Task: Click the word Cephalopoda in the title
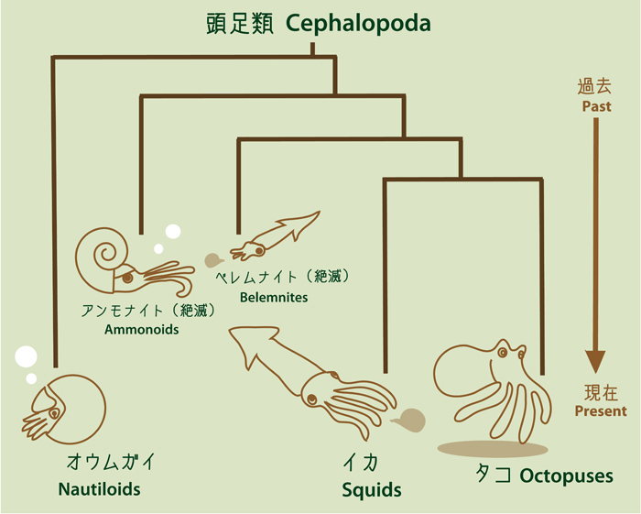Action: pyautogui.click(x=357, y=25)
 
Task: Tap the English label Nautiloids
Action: pyautogui.click(x=99, y=488)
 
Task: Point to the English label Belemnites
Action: pyautogui.click(x=274, y=297)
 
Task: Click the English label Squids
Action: pyautogui.click(x=372, y=490)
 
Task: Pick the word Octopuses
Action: pyautogui.click(x=566, y=476)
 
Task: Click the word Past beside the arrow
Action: pyautogui.click(x=595, y=107)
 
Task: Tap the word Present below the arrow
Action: pyautogui.click(x=601, y=411)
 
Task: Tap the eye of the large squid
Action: pyautogui.click(x=313, y=398)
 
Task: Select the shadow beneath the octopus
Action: pyautogui.click(x=492, y=449)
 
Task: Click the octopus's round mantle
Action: pyautogui.click(x=460, y=371)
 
